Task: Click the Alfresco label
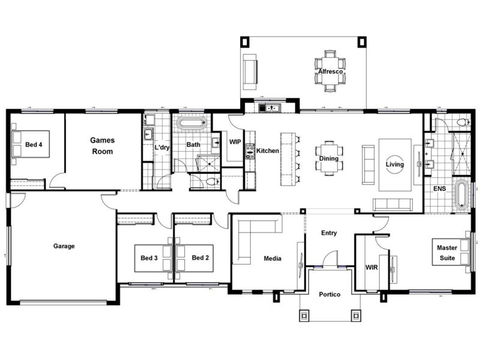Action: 331,71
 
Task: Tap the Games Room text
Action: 103,146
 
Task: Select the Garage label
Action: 64,246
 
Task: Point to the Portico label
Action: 329,294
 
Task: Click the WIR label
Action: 371,267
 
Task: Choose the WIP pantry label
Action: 235,142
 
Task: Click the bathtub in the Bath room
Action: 192,124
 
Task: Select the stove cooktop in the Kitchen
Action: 250,152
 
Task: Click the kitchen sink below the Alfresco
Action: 269,108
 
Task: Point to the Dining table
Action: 329,158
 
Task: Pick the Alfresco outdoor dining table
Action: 331,71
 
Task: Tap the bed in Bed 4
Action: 31,144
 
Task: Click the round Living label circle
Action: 395,164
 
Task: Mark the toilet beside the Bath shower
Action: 213,182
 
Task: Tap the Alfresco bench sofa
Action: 250,72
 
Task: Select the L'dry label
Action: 161,147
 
